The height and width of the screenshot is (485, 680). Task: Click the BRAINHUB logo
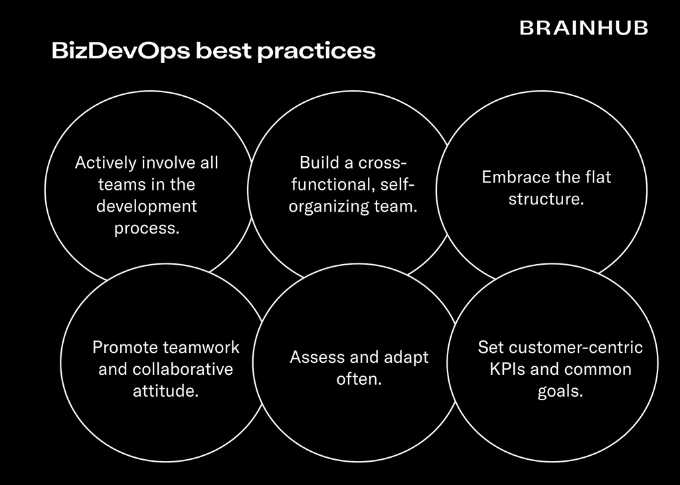pos(583,28)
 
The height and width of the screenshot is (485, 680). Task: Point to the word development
pos(147,206)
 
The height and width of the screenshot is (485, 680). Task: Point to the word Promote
pos(125,347)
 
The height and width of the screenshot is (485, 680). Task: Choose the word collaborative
pos(183,369)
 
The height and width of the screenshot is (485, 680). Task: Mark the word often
pos(358,380)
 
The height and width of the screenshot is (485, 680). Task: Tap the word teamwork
pos(201,347)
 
